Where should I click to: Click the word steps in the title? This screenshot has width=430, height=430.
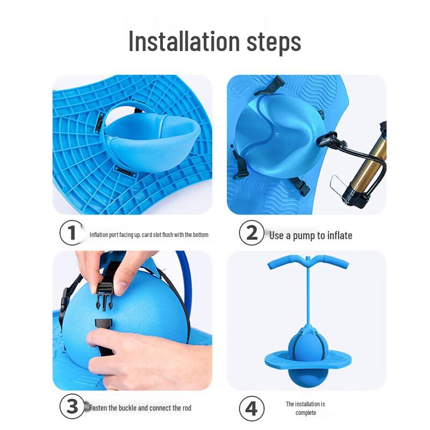pos(274,42)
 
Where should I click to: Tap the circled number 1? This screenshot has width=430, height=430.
pos(71,233)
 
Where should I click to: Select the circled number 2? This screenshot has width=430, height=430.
pos(252,233)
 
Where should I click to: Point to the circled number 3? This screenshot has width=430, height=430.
pos(72,406)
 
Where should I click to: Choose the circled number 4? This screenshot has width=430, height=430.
pos(252,408)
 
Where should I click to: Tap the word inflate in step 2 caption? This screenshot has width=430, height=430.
pos(340,235)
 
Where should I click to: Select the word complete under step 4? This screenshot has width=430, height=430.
pos(305,413)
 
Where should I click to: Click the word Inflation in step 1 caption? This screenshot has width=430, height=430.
pos(99,235)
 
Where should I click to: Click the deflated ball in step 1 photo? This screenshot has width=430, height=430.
pos(154,142)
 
